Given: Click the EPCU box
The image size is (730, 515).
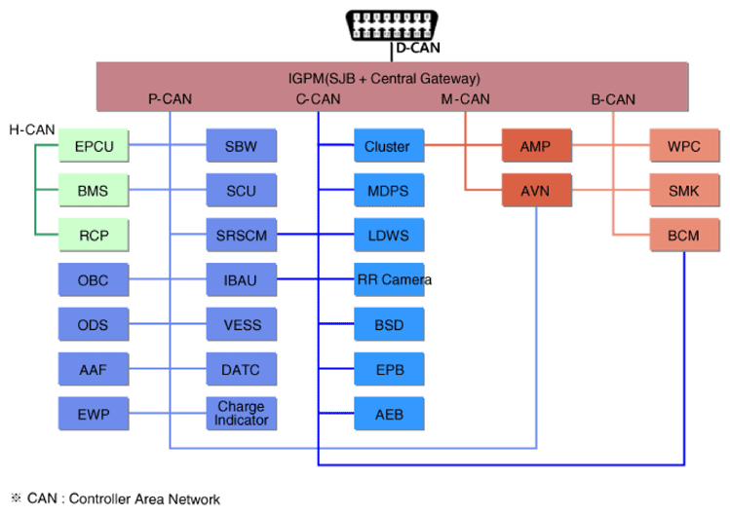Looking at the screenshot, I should (x=94, y=147).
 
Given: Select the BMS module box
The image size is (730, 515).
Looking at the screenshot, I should (x=94, y=191).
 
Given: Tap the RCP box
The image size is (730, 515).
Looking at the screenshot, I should (x=94, y=235).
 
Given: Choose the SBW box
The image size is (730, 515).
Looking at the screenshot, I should (x=241, y=147).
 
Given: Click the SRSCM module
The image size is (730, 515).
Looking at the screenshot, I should (x=241, y=235).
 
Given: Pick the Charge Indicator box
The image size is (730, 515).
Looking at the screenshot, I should (x=241, y=413).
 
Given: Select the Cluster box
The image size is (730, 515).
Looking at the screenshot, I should (x=387, y=147).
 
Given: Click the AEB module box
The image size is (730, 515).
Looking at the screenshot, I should (x=387, y=413).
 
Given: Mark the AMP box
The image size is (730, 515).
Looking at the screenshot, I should (x=535, y=147).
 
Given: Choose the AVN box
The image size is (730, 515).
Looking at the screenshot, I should (x=535, y=191).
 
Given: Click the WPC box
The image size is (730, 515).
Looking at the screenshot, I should (x=683, y=147).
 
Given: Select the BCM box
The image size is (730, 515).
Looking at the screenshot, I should (x=683, y=235).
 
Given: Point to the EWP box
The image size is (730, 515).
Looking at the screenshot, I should (x=94, y=413).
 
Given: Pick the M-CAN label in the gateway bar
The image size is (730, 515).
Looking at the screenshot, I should (x=465, y=98).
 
